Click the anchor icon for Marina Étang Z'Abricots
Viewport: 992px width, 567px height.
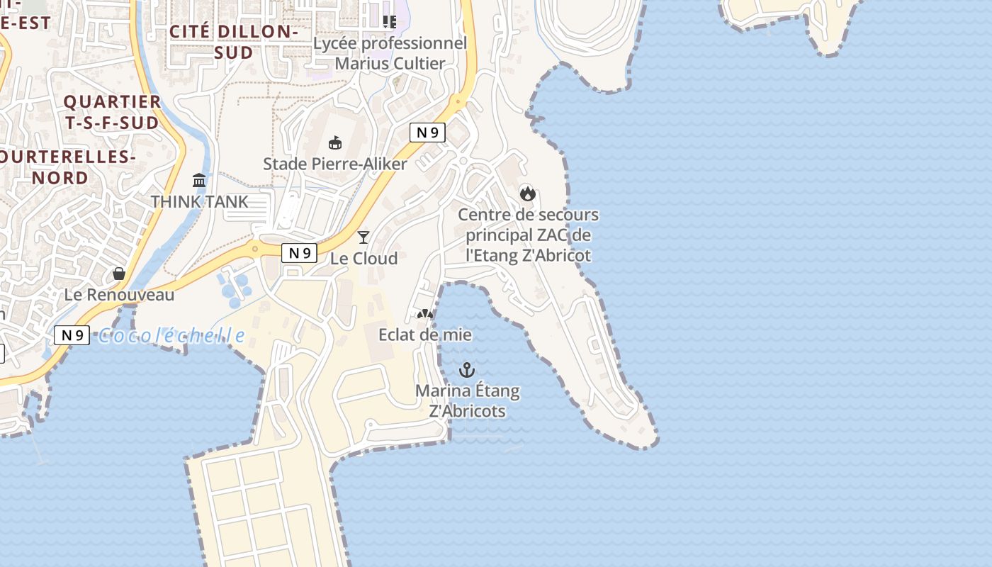pos(466,369)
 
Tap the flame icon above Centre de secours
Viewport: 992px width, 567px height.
pos(527,193)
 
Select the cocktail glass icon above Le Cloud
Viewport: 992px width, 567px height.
pos(363,237)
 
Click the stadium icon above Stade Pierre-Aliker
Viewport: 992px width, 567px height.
pos(335,143)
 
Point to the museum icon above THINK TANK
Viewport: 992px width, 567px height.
pos(199,181)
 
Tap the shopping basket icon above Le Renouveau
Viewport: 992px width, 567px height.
pos(119,274)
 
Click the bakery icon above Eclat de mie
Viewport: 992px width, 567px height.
pos(424,314)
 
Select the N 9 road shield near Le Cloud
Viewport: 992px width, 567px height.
pos(298,253)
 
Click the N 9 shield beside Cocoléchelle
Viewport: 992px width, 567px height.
pos(72,335)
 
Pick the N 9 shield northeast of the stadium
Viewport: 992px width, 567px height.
pos(427,132)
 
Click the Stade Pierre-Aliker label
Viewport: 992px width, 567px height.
pos(335,164)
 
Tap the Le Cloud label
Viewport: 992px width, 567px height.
pos(364,259)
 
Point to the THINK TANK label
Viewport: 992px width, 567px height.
pos(200,202)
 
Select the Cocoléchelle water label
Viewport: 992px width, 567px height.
pos(171,335)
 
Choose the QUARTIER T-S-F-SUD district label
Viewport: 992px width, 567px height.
pos(112,112)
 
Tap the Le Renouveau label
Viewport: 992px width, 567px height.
pos(119,295)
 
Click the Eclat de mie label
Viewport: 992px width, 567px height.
pos(425,335)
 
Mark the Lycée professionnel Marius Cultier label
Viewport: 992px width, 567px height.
pos(390,53)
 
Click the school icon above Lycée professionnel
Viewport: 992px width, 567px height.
pos(389,22)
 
